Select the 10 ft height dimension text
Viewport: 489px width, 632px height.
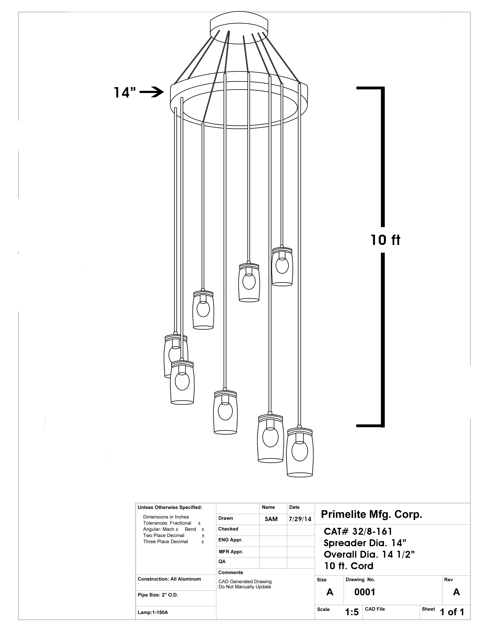(385, 240)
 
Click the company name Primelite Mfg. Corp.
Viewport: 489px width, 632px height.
(371, 514)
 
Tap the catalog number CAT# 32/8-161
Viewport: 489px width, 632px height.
(358, 532)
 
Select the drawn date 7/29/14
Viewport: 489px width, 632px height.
(300, 519)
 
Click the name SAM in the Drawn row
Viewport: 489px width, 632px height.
(271, 519)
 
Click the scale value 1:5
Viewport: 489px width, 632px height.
(352, 612)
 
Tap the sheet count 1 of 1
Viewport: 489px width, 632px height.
(452, 612)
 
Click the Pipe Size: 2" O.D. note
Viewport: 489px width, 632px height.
(158, 595)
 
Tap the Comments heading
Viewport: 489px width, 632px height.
(231, 572)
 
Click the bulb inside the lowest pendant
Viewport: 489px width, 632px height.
(300, 451)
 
